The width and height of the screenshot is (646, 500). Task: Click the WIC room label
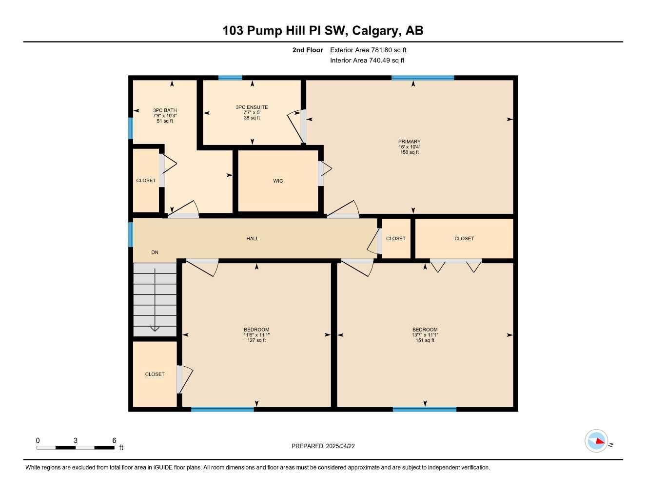(x=278, y=181)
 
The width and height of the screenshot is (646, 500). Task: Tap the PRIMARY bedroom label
(x=409, y=142)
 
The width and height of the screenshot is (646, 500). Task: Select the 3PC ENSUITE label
(x=252, y=107)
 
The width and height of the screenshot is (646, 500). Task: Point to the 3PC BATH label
(x=165, y=110)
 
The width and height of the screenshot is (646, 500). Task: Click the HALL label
(x=253, y=239)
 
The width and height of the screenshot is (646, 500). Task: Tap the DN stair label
(x=155, y=252)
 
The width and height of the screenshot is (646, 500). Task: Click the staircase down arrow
(x=155, y=328)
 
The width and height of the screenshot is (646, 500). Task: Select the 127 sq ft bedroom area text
(x=256, y=340)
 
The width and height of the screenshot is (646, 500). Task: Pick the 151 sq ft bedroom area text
(x=425, y=340)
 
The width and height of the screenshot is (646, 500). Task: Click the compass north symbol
(x=597, y=441)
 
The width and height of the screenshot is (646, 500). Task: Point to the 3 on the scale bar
(x=75, y=440)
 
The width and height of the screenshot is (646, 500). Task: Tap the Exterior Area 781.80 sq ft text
(x=368, y=50)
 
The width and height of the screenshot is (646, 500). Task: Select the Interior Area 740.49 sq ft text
(x=367, y=61)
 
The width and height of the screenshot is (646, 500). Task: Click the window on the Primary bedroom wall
(x=423, y=78)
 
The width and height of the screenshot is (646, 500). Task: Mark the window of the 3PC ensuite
(x=230, y=78)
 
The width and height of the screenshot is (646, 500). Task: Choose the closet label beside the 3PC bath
(x=146, y=181)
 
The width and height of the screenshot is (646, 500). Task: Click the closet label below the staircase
(x=155, y=375)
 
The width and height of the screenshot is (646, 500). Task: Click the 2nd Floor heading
(x=307, y=50)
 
